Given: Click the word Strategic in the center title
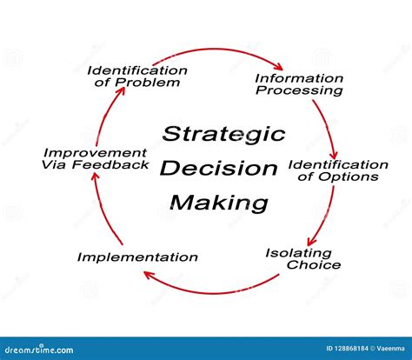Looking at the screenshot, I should [223, 134].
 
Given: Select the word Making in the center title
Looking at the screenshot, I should [218, 203].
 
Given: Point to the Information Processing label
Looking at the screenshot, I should [298, 84].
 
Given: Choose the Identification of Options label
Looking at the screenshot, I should [338, 170].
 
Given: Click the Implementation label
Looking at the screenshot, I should [137, 257].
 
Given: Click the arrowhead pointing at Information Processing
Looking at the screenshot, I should [278, 66].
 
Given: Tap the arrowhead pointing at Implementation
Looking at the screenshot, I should [150, 277].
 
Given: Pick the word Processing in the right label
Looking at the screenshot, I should [305, 90].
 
